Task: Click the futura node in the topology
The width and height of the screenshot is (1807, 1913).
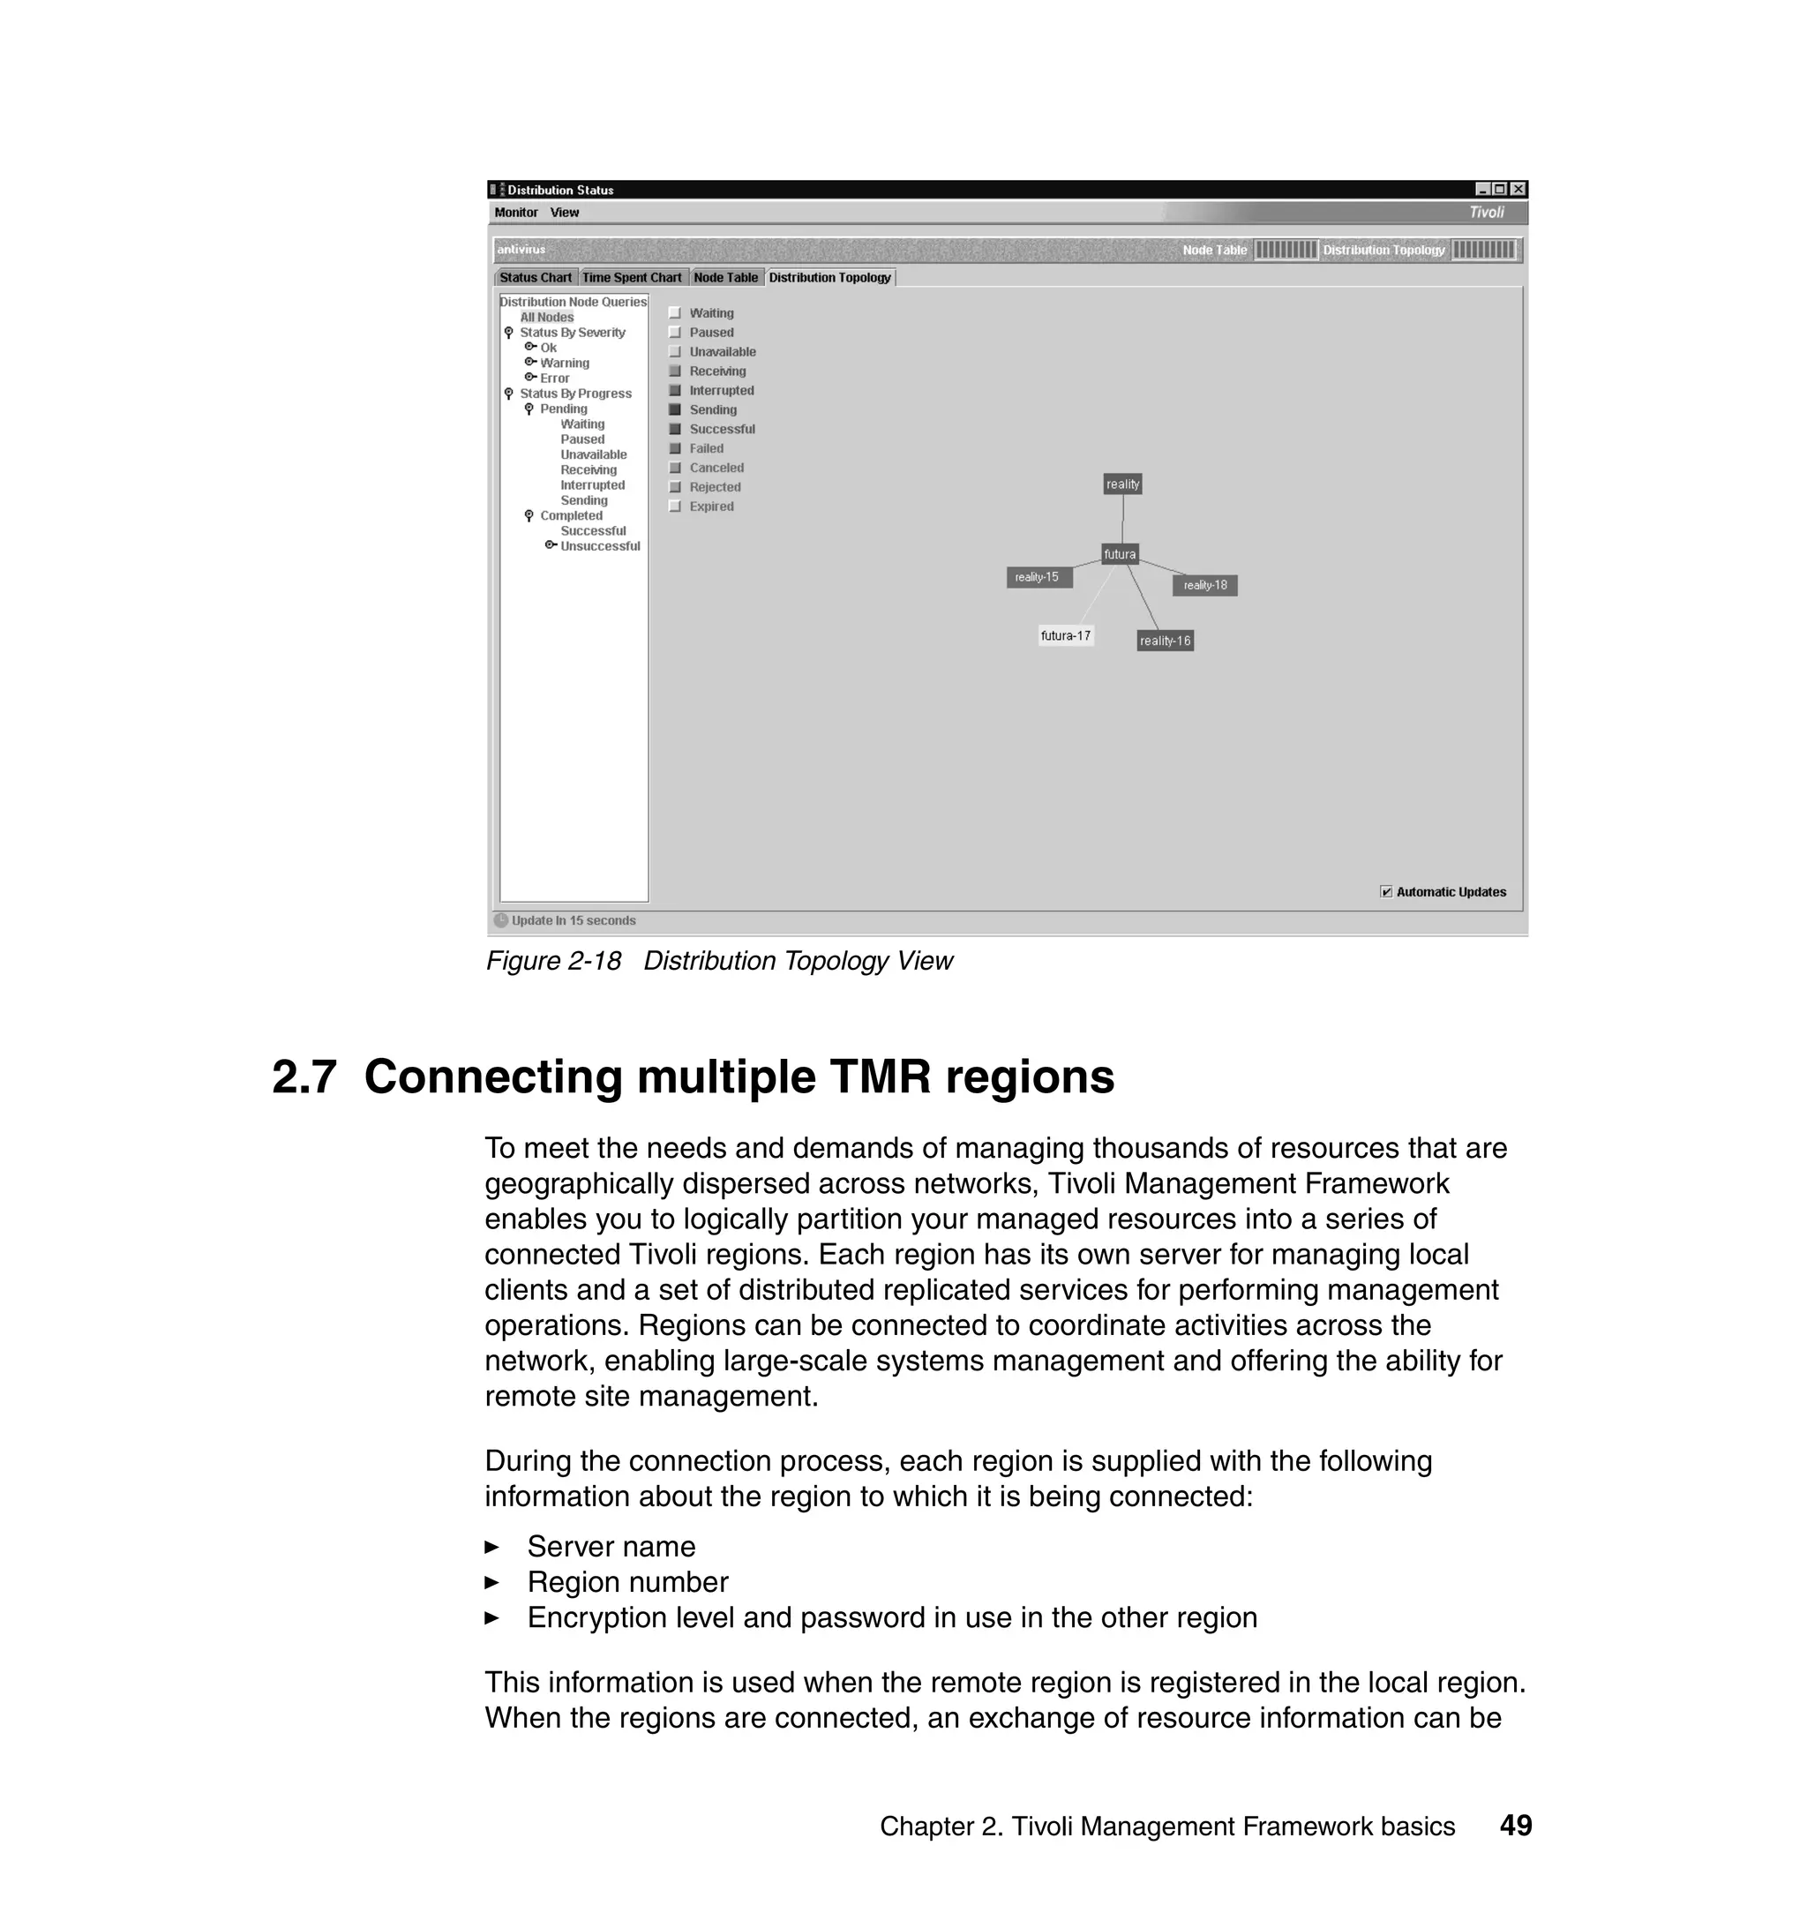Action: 1120,554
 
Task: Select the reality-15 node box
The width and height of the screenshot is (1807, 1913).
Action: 1038,577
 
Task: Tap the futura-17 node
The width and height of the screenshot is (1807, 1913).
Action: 1065,635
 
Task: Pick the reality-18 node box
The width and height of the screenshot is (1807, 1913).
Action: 1204,585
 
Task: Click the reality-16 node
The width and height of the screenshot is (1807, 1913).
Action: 1165,641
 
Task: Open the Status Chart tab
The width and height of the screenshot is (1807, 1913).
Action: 536,277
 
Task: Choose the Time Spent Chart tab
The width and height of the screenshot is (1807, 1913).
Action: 632,277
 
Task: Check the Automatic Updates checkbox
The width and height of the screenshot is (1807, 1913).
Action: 1386,892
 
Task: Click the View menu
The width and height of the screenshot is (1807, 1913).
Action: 565,213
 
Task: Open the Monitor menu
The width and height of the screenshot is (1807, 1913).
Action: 516,213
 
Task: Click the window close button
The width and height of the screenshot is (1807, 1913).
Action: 1518,190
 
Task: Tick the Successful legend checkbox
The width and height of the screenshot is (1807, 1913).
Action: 675,430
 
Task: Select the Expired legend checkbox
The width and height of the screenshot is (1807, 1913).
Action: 675,506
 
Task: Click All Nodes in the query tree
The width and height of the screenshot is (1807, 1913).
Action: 546,317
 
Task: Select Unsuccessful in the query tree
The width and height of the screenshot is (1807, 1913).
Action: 599,546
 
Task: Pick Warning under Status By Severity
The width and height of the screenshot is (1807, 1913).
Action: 565,364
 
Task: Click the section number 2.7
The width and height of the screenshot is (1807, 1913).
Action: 304,1077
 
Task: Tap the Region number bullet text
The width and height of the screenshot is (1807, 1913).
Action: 627,1583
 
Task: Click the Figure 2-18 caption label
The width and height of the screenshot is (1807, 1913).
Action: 553,961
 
